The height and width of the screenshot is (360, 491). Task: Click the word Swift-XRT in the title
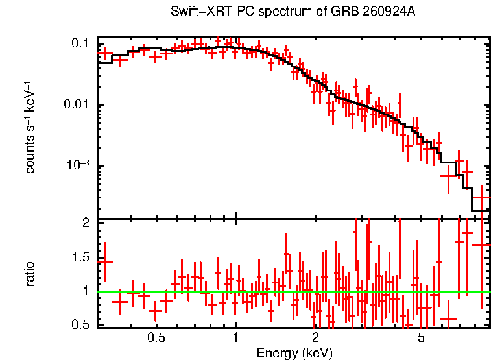(202, 11)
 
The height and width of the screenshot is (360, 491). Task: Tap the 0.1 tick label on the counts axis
(80, 43)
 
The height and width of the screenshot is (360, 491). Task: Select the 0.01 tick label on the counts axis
(76, 104)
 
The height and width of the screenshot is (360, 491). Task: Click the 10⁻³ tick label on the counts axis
(78, 164)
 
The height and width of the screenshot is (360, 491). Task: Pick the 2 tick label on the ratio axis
(86, 223)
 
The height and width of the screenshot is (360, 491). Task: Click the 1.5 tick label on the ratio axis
(80, 258)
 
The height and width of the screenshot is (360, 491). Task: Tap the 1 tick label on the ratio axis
(86, 291)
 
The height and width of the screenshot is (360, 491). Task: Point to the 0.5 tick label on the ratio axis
(80, 324)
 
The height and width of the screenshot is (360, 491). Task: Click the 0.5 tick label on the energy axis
(156, 339)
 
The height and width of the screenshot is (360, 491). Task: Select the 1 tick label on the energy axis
(235, 339)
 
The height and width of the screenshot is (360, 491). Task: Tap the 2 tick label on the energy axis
(315, 339)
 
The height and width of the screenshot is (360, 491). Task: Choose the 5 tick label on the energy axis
(421, 339)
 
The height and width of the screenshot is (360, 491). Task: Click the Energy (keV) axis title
(294, 353)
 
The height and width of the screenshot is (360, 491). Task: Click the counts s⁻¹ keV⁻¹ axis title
(30, 128)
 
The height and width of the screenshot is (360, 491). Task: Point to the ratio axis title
(30, 274)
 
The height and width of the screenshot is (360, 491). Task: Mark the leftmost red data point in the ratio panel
(105, 261)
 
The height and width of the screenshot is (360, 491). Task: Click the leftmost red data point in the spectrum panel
(105, 53)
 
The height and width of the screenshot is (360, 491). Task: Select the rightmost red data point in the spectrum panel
(482, 198)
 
